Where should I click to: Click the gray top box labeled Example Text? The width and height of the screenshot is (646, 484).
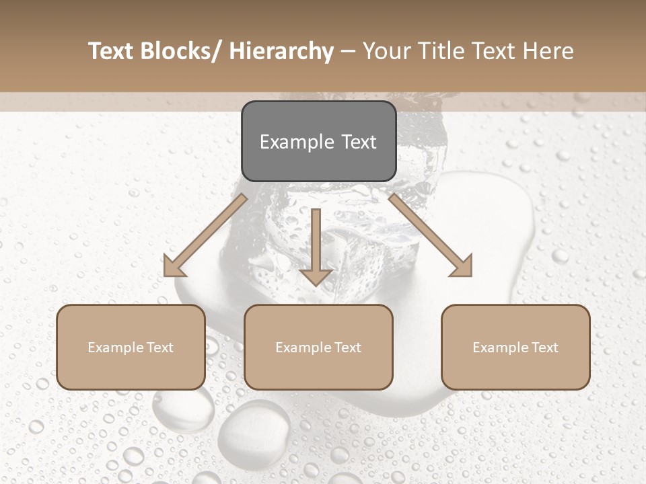tap(318, 141)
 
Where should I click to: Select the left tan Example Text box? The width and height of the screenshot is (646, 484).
tap(131, 347)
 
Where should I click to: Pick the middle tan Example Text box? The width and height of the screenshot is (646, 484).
tap(318, 347)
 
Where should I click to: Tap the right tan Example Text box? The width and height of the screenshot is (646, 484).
tap(515, 347)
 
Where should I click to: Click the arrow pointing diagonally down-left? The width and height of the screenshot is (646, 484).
tap(205, 235)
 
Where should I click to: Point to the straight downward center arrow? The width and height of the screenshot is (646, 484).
tap(316, 245)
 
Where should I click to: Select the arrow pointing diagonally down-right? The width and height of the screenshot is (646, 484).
tap(431, 235)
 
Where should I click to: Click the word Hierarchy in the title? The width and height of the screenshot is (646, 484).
tap(281, 51)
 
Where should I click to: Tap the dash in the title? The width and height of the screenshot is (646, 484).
tap(348, 51)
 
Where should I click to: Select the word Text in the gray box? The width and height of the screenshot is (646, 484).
tap(358, 142)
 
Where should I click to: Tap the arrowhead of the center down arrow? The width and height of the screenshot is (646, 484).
tap(316, 276)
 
